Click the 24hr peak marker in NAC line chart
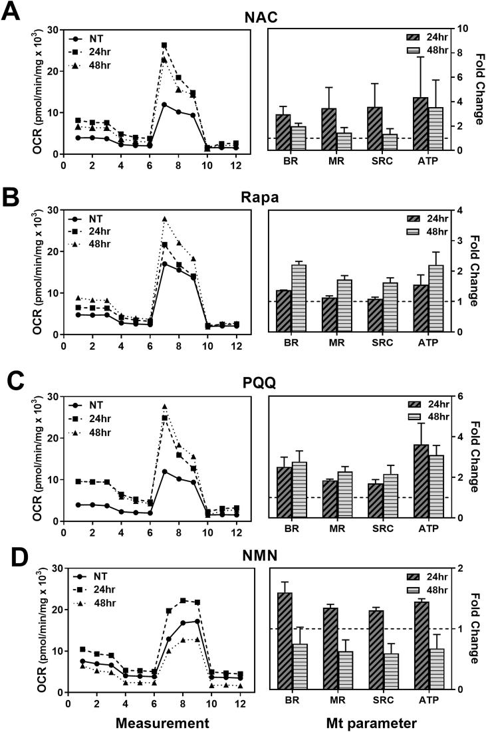[164, 45]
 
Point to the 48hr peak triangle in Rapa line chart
[164, 219]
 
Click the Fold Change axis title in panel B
[476, 271]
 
